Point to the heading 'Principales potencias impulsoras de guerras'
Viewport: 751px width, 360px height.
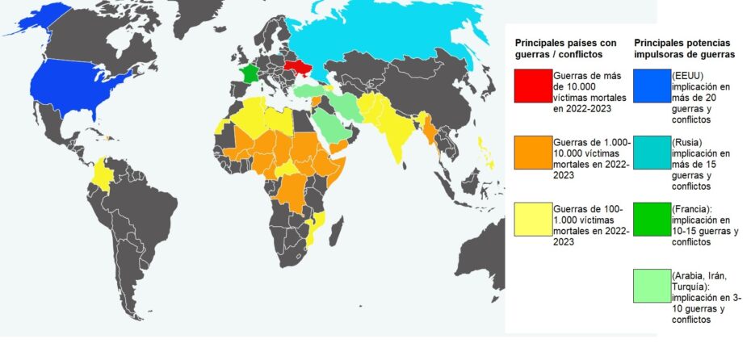point(684,48)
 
